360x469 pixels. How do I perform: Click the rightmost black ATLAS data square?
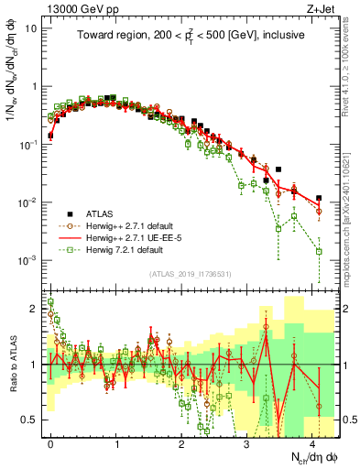pos(319,198)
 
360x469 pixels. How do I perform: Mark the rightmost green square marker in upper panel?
pos(319,251)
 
